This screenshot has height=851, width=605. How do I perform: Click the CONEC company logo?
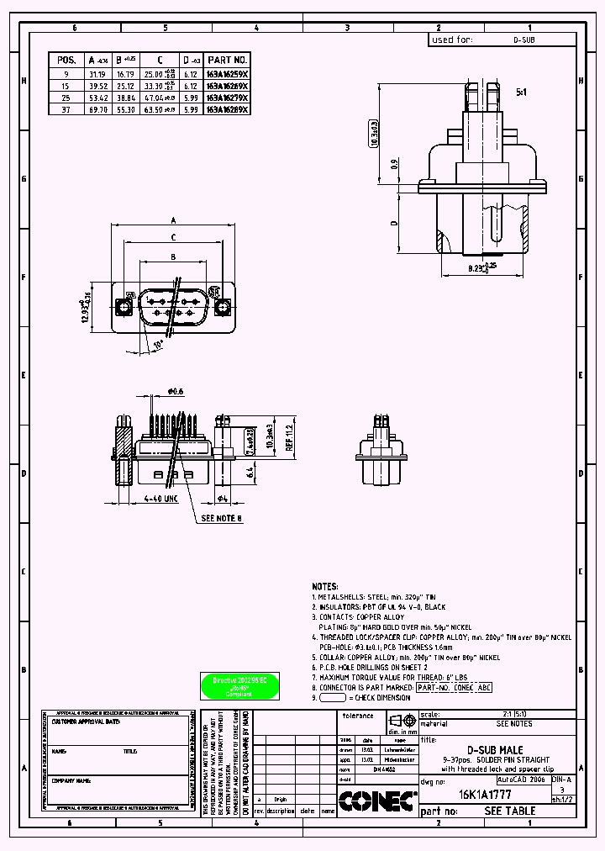(x=378, y=802)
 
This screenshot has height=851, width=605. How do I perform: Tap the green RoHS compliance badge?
(x=233, y=684)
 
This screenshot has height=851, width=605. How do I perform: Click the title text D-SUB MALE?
(x=495, y=749)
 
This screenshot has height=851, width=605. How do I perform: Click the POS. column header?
(x=67, y=61)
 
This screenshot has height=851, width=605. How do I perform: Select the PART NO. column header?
(x=228, y=61)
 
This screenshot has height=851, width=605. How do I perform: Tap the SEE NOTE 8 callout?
(x=221, y=519)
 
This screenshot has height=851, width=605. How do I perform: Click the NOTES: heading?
(x=325, y=586)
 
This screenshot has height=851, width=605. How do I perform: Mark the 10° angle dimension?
(x=159, y=346)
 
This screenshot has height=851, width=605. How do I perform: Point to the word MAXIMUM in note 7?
(x=339, y=677)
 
